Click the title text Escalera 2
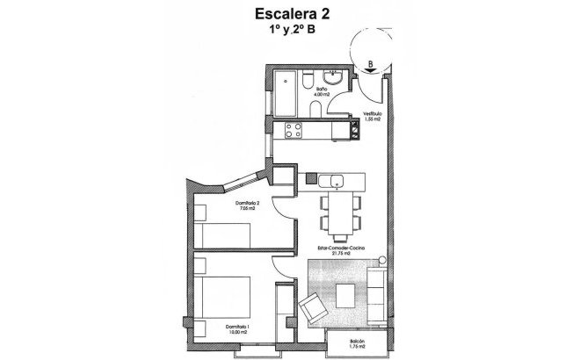click(289, 13)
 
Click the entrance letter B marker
click(372, 63)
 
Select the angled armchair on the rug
click(313, 308)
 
